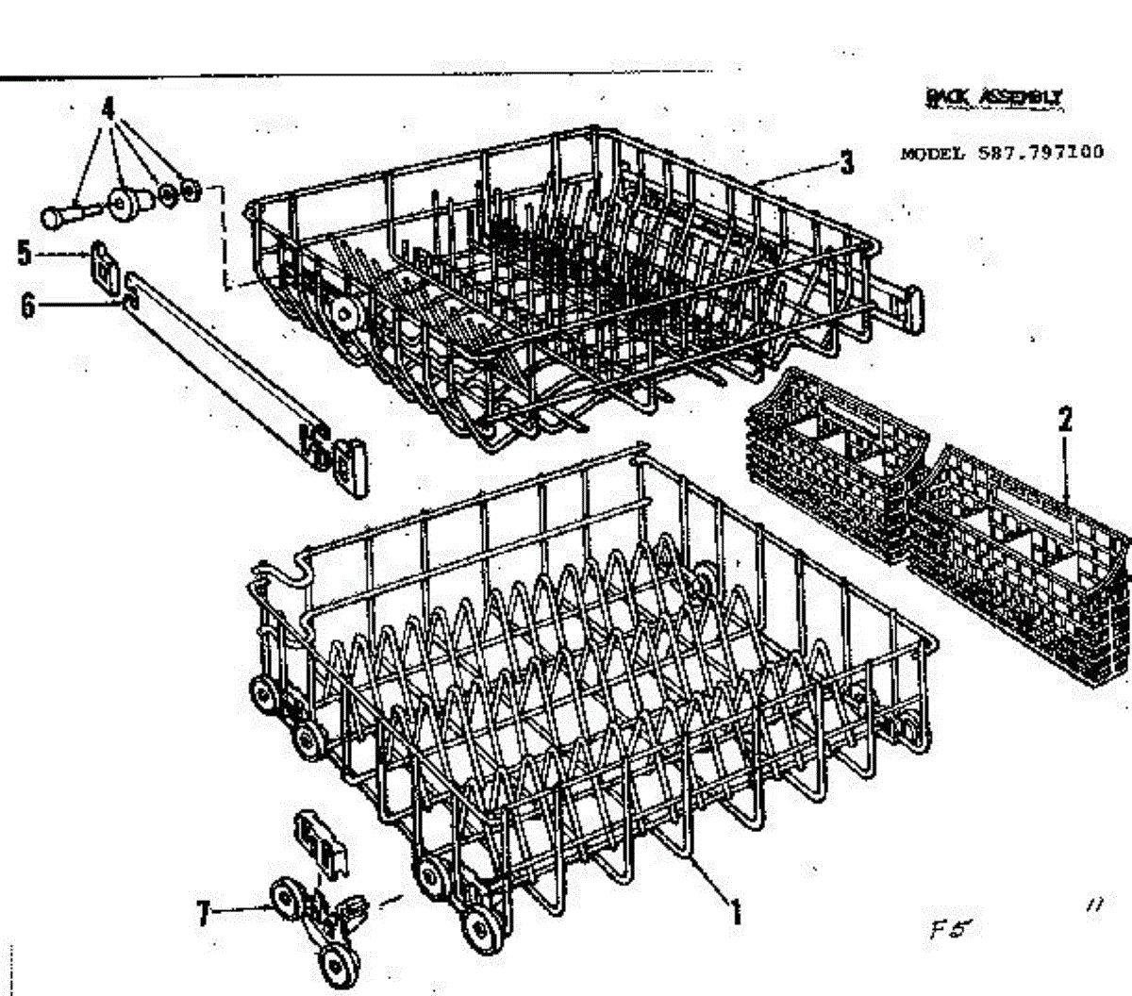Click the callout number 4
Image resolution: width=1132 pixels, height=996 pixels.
pyautogui.click(x=109, y=107)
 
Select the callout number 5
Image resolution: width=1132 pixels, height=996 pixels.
pyautogui.click(x=25, y=252)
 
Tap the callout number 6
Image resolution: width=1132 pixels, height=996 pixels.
pyautogui.click(x=27, y=305)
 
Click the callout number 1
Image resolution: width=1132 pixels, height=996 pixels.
pyautogui.click(x=736, y=911)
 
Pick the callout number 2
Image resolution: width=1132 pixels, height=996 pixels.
pyautogui.click(x=1065, y=420)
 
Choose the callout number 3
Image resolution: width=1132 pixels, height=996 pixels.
pyautogui.click(x=846, y=163)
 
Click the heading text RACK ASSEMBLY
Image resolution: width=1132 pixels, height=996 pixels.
pyautogui.click(x=993, y=96)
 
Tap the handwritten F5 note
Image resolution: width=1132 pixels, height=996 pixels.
pyautogui.click(x=948, y=930)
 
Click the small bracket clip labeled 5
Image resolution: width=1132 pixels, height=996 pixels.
pyautogui.click(x=103, y=263)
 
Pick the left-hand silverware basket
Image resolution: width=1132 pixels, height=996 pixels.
pyautogui.click(x=830, y=462)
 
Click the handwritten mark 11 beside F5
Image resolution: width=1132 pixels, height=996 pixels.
pyautogui.click(x=1095, y=905)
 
